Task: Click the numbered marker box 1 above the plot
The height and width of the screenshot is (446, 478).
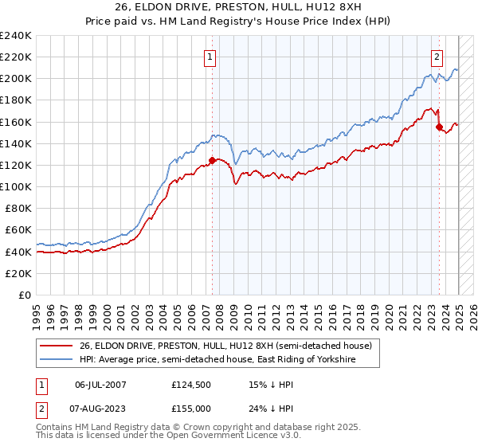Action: pyautogui.click(x=210, y=57)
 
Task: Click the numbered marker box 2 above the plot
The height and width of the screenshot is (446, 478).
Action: pyautogui.click(x=437, y=57)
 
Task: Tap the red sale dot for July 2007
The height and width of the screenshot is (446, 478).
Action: pyautogui.click(x=212, y=160)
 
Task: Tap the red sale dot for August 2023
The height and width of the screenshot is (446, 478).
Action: pyautogui.click(x=439, y=127)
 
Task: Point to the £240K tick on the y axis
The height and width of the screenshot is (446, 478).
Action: pyautogui.click(x=16, y=36)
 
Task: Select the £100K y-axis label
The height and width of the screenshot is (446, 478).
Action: pyautogui.click(x=16, y=186)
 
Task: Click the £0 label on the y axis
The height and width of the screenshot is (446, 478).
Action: pyautogui.click(x=24, y=295)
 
